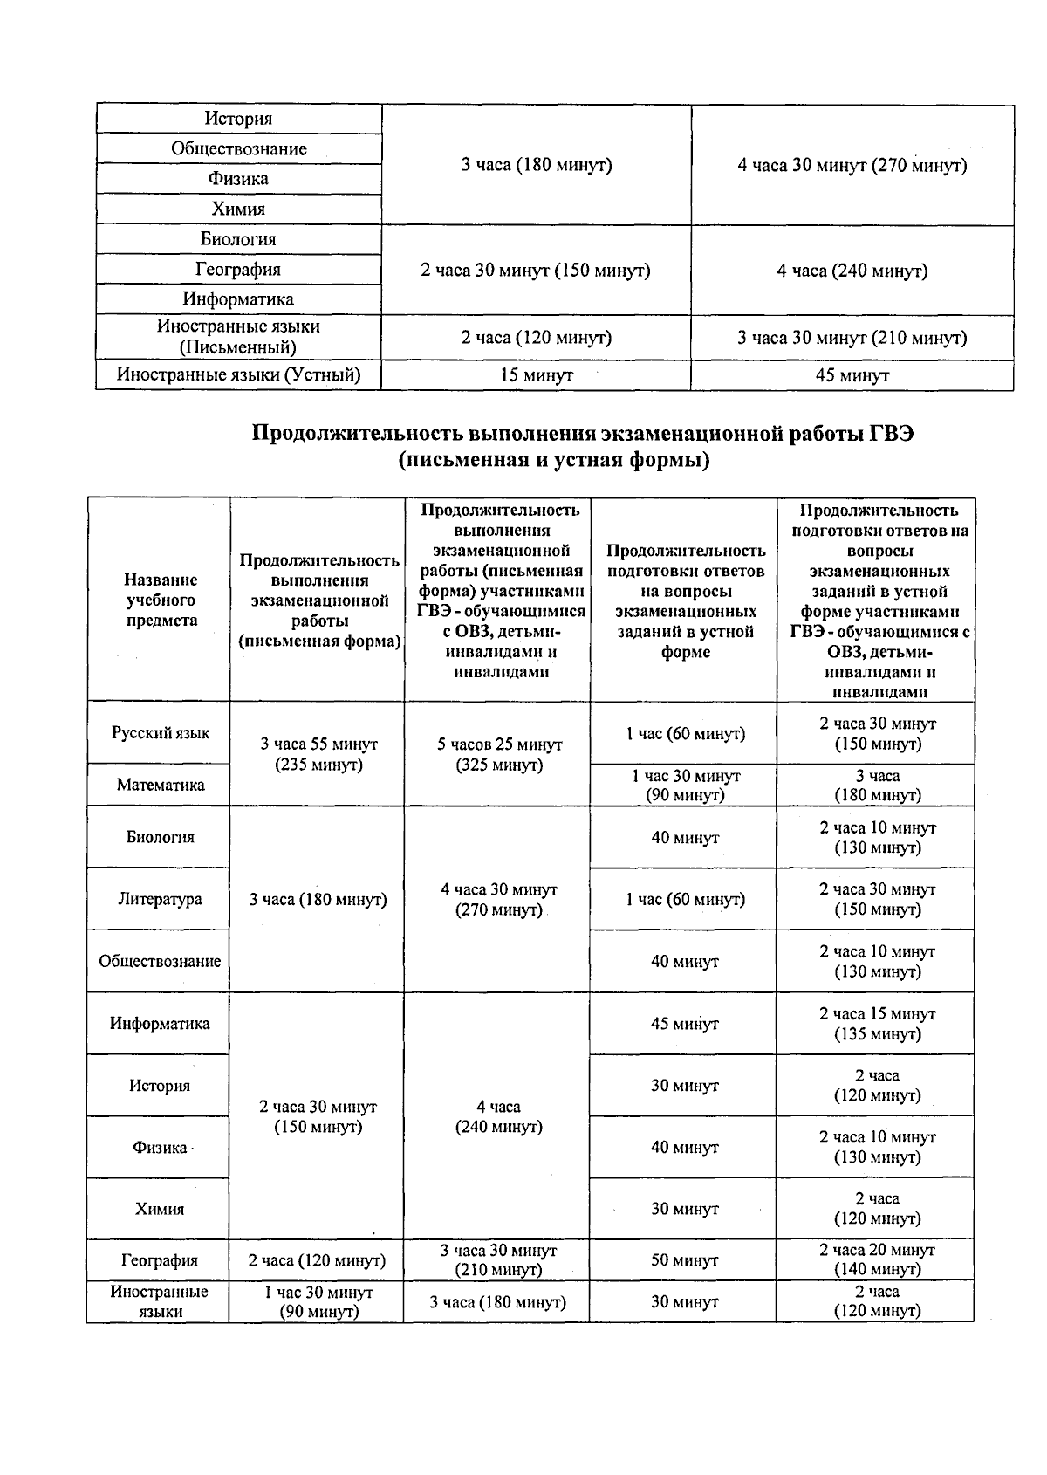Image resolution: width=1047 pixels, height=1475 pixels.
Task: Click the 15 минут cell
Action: [x=536, y=375]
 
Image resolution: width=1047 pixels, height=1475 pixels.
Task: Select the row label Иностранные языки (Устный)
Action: [x=238, y=375]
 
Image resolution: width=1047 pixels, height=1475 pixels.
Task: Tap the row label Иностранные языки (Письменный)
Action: [x=238, y=337]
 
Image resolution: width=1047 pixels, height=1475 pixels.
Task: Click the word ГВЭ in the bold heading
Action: [x=890, y=434]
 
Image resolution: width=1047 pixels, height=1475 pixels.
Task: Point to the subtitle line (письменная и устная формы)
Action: [x=554, y=460]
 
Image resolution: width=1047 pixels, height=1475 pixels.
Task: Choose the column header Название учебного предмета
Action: [x=161, y=600]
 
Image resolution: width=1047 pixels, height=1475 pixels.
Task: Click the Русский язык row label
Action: [x=161, y=733]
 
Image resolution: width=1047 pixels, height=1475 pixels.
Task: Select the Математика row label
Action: [x=161, y=785]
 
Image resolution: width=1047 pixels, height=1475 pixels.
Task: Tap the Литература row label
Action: [x=160, y=899]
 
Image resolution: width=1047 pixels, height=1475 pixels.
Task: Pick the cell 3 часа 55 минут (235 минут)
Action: [x=318, y=754]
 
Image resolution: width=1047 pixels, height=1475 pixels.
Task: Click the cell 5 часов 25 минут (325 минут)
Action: [x=499, y=755]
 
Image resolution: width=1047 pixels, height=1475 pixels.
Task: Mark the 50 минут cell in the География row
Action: [x=685, y=1260]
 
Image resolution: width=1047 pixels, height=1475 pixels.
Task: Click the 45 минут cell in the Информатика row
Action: [x=685, y=1024]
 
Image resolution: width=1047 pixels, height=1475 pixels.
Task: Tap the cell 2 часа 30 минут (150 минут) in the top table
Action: [x=536, y=271]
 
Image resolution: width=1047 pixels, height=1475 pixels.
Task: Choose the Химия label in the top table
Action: [x=238, y=209]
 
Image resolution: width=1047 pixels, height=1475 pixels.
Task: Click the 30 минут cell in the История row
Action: [x=685, y=1086]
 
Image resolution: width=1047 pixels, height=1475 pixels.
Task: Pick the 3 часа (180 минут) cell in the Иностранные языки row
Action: [x=497, y=1302]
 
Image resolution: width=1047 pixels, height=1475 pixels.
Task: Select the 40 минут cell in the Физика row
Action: [x=685, y=1148]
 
